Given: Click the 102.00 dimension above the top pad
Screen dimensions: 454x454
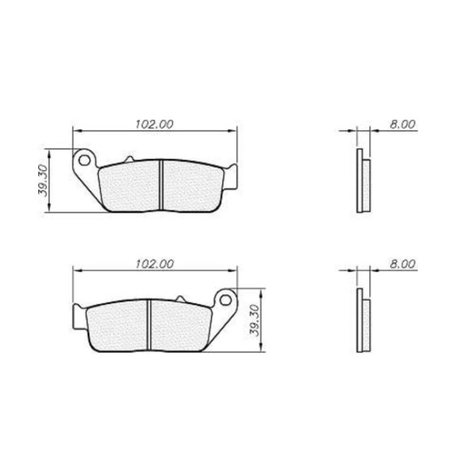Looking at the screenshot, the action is click(x=154, y=124).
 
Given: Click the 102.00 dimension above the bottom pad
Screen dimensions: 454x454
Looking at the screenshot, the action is click(x=155, y=264).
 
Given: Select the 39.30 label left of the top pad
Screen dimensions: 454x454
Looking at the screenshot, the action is click(x=43, y=180).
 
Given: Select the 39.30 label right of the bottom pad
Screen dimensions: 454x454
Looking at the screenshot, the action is click(x=254, y=320).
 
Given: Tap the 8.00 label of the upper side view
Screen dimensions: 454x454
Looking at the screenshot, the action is click(x=402, y=124).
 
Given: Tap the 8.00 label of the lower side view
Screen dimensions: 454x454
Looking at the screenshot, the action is click(x=402, y=264).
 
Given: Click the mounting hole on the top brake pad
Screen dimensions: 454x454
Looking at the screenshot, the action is click(x=84, y=160).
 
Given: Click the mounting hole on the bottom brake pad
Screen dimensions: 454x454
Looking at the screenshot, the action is click(x=226, y=300).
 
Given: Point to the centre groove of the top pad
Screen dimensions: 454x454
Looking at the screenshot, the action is click(x=161, y=185).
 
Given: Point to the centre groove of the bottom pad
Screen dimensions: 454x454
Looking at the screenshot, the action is click(x=149, y=325).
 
